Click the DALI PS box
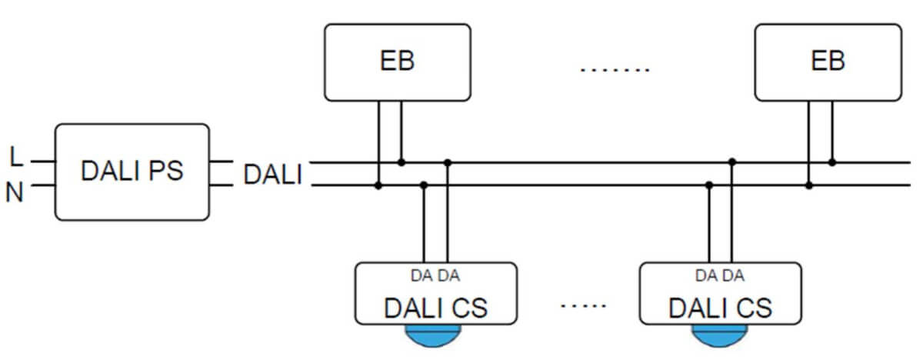(132, 172)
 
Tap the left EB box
(397, 62)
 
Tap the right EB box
(828, 62)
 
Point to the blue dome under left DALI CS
(433, 334)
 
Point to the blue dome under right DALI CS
(718, 334)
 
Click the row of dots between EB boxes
(615, 70)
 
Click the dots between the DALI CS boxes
(584, 306)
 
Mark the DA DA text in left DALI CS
(435, 275)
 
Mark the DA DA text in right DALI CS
(720, 275)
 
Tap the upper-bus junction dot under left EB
(401, 162)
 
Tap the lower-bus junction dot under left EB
(378, 185)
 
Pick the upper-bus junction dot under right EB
(831, 162)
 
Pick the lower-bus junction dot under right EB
(808, 185)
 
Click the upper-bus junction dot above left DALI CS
(448, 162)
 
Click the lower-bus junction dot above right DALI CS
(709, 185)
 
